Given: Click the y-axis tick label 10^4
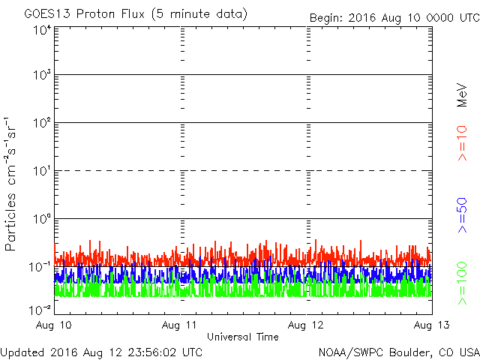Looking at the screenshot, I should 42,31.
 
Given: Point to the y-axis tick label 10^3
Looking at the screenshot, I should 42,75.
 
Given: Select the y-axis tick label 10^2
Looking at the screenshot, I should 42,123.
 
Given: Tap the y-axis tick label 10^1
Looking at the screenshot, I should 42,171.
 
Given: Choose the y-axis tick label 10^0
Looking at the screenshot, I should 42,219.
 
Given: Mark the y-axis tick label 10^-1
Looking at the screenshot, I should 40,267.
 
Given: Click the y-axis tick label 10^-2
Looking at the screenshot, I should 40,310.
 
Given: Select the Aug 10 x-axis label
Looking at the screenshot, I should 55,325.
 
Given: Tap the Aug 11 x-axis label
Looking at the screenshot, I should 181,325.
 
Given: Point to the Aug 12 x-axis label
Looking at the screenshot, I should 307,325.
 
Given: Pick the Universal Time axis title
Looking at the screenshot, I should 243,337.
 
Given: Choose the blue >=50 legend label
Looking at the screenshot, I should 462,214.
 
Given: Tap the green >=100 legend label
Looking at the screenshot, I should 462,283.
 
